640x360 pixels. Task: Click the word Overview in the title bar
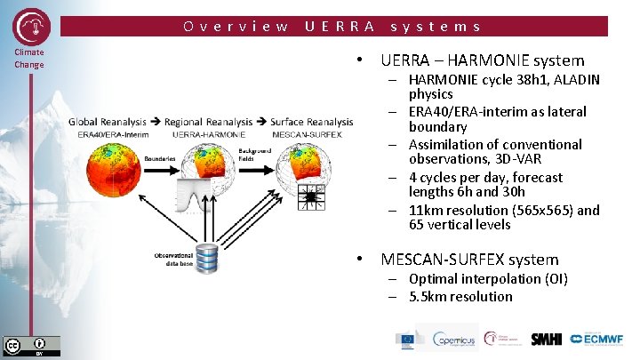(x=236, y=27)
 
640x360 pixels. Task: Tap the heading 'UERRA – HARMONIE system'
(x=482, y=61)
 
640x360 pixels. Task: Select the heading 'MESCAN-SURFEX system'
(x=469, y=260)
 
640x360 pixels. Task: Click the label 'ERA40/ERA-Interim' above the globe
(x=108, y=133)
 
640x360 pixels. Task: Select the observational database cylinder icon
(x=207, y=258)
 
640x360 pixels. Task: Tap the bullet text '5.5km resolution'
(x=460, y=297)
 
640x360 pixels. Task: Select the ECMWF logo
(x=600, y=339)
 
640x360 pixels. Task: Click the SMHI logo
(x=546, y=339)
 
